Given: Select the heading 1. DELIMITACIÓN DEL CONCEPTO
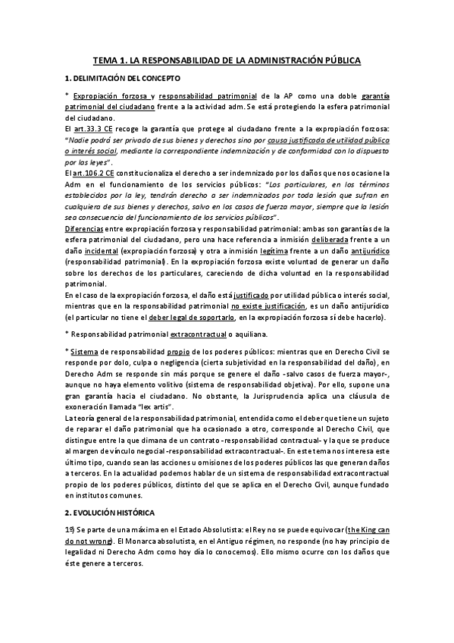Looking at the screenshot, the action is pos(122,78).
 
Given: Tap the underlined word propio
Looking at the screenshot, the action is pos(193,352).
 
